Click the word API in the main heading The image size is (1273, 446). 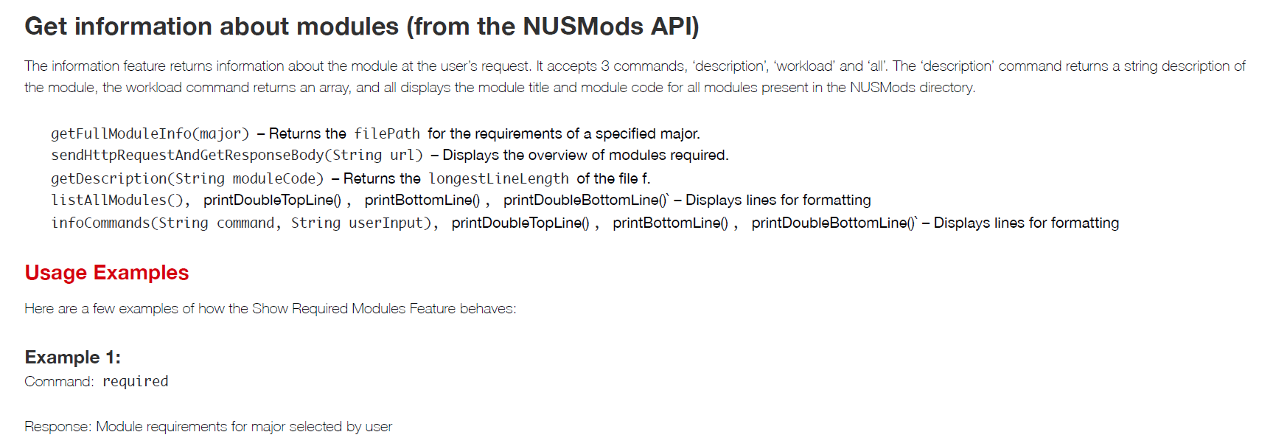672,27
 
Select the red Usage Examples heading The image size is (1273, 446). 107,273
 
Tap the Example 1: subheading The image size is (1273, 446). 73,358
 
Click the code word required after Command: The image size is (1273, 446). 136,381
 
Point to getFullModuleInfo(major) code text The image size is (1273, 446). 150,133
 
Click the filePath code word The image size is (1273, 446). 387,133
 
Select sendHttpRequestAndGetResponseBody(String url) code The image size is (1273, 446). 237,155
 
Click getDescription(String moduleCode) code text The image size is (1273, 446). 187,178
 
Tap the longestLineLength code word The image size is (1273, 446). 499,178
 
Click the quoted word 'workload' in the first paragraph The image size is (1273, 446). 804,66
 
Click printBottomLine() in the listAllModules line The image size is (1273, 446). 422,200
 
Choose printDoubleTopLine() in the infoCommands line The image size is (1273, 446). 520,223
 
